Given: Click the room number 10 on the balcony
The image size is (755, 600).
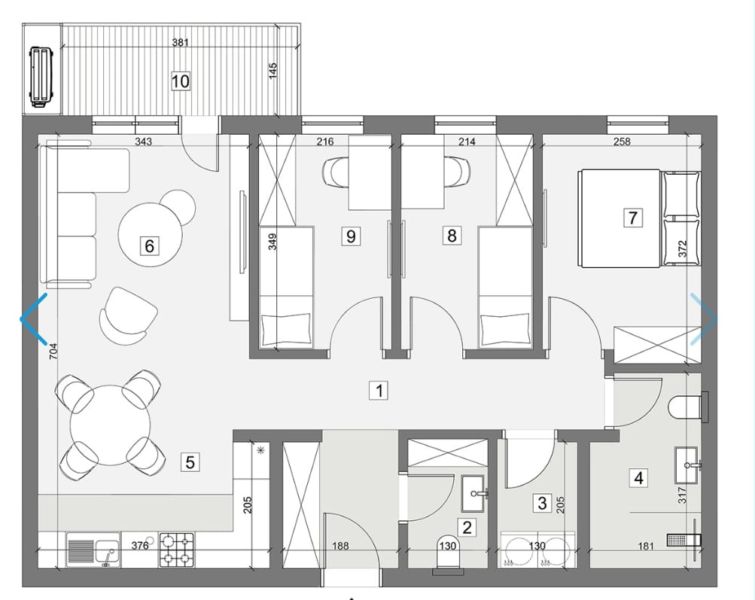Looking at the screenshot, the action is (181, 81).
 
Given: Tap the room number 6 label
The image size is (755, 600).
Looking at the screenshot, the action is (149, 246).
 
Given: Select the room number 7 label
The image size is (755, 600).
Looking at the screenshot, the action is (633, 218).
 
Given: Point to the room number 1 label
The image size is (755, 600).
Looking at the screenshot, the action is (379, 390).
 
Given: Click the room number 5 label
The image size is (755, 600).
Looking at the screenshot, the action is (190, 462).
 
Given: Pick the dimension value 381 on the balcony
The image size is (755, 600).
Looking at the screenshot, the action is (181, 42).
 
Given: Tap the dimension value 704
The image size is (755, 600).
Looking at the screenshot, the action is (53, 351).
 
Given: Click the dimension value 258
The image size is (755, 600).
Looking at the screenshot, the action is (622, 142).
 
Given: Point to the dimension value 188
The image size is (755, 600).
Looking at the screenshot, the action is (340, 546).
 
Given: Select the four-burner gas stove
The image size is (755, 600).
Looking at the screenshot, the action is (177, 550).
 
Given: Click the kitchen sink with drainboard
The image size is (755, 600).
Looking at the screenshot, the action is (93, 550).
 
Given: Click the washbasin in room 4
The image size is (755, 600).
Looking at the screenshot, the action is (687, 465).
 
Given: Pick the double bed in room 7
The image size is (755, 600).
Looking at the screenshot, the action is (640, 218).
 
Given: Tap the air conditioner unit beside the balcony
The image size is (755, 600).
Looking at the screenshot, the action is (42, 76).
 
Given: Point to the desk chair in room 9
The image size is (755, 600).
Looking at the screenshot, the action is (336, 172).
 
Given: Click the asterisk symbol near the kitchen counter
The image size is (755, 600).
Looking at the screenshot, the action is (261, 451).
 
